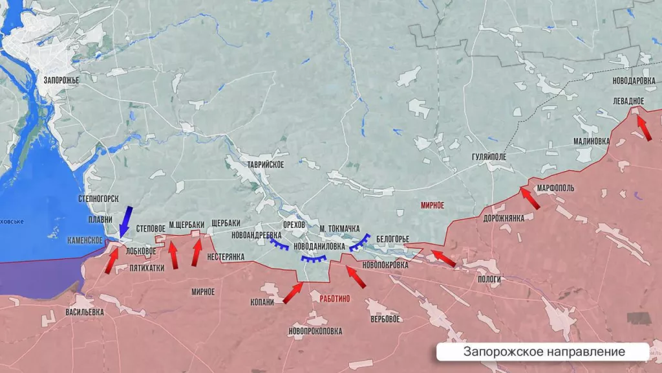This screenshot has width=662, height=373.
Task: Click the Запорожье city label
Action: point(61,80)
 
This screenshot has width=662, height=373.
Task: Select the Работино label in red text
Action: point(334,298)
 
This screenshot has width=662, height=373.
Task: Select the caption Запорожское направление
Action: point(544,352)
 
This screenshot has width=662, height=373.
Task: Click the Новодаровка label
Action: point(634,81)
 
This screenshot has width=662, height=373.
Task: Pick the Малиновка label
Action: point(591,142)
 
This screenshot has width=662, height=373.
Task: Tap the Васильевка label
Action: point(85,312)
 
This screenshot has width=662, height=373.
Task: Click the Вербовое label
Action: point(385,319)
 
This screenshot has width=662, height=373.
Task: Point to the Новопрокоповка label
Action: point(315,332)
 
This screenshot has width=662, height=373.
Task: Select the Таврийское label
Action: point(264,165)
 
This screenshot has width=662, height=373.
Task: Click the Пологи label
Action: point(489,278)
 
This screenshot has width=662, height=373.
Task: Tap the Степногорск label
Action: point(98,197)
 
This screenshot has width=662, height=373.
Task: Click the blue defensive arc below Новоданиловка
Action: point(314,259)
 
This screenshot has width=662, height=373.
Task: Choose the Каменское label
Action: point(85,240)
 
